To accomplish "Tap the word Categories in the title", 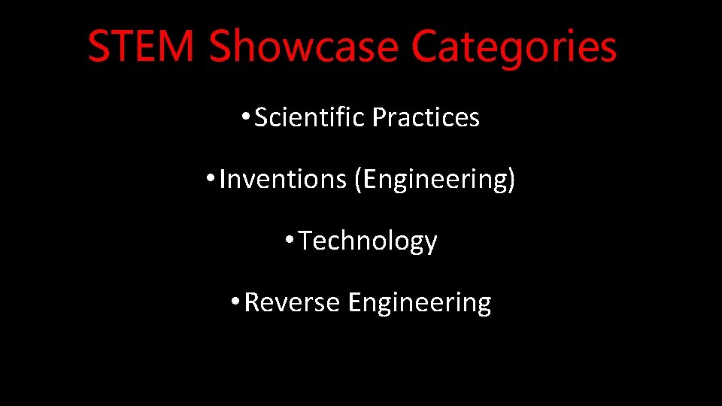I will click(x=514, y=47).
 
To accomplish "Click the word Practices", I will click(x=426, y=118).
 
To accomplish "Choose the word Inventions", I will click(x=283, y=180).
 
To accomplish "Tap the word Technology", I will click(x=368, y=241).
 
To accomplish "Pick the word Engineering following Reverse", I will click(x=420, y=303).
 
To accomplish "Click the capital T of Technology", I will click(x=306, y=241).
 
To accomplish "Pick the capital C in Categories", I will click(x=426, y=47).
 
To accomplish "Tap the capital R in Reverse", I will click(x=252, y=302).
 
